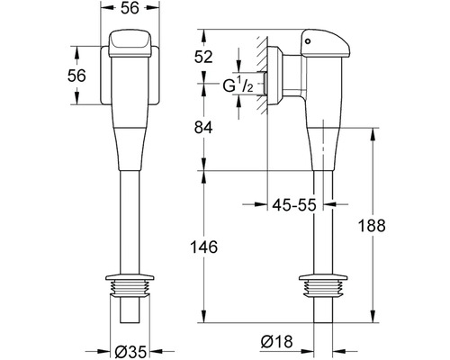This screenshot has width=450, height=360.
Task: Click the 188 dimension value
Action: (372, 226)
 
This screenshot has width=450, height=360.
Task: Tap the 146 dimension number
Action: (204, 247)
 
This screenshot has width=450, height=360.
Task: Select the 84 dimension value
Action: (203, 128)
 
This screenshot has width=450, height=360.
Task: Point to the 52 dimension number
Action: (203, 57)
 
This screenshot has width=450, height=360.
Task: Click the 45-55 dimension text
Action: (294, 205)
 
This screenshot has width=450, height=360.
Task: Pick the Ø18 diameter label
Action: (276, 342)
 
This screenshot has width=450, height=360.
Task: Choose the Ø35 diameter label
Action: (130, 352)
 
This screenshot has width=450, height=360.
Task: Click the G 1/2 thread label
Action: (238, 86)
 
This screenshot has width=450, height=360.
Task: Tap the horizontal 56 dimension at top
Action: (130, 8)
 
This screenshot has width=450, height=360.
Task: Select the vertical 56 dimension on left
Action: (76, 76)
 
